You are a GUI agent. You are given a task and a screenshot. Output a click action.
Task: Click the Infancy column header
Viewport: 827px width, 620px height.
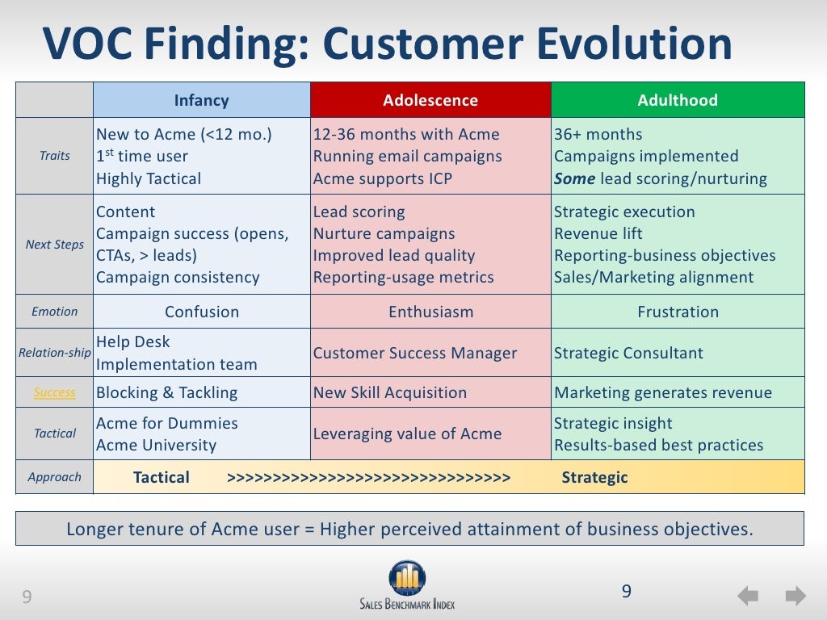[x=201, y=100]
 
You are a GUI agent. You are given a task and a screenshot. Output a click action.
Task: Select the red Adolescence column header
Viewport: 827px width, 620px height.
[x=430, y=100]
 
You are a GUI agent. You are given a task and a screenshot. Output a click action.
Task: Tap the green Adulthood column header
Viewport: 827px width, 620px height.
[x=678, y=100]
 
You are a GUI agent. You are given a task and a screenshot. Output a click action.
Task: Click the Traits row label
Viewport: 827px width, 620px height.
[x=55, y=156]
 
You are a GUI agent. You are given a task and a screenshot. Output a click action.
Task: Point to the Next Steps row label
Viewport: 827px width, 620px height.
[x=55, y=244]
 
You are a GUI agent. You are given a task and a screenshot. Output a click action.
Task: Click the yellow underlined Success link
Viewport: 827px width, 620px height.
[x=55, y=392]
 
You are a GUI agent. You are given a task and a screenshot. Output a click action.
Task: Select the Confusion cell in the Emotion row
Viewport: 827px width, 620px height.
[x=202, y=312]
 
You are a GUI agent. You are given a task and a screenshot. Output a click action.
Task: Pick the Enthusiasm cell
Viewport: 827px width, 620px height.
[x=430, y=312]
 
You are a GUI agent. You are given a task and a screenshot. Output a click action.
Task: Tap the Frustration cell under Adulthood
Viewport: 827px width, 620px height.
[x=678, y=312]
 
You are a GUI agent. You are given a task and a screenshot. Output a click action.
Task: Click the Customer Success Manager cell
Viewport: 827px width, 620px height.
[x=414, y=353]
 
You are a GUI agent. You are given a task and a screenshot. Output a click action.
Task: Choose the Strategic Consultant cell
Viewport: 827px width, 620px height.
[x=628, y=353]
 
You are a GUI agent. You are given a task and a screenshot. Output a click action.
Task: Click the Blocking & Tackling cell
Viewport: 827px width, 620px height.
[x=166, y=392]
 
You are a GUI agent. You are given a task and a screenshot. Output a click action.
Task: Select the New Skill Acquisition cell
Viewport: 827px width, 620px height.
[x=390, y=392]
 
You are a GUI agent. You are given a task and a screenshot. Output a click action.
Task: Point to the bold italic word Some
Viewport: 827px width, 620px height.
[x=574, y=178]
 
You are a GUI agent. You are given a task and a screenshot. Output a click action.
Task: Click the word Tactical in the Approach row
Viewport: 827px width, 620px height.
[x=162, y=477]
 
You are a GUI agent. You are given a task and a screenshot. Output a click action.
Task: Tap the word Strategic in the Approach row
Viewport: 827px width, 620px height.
[x=594, y=477]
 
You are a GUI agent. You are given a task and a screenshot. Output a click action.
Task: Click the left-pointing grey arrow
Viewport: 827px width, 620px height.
[x=748, y=597]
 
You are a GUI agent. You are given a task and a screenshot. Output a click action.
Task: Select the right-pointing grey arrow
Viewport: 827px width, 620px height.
[x=796, y=597]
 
